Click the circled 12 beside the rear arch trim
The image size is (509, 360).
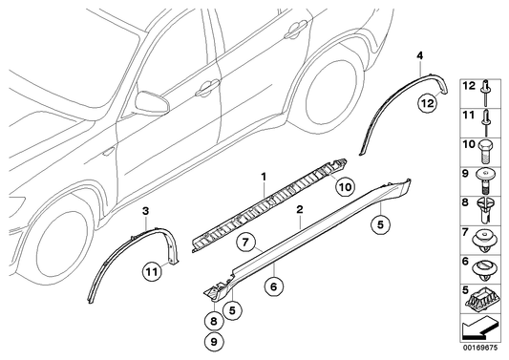pos(427,101)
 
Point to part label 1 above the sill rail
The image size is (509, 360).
pos(264,176)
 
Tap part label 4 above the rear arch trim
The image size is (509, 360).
pos(418,59)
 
